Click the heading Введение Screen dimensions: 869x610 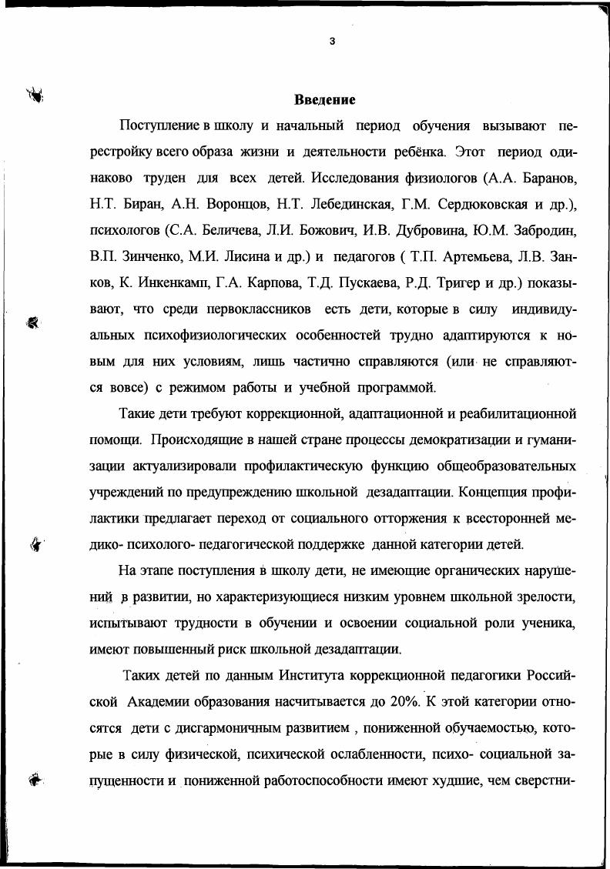coord(324,100)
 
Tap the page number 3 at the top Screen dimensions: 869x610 coord(332,41)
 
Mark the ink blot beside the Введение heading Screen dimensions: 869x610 coord(35,95)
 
